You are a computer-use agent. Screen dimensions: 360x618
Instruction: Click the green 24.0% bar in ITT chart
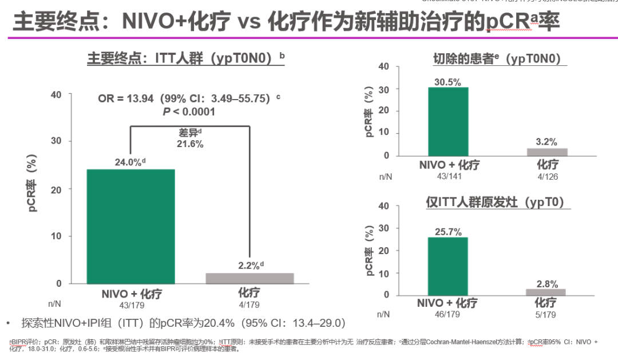(131, 226)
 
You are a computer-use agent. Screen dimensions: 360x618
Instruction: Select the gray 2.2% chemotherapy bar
(249, 278)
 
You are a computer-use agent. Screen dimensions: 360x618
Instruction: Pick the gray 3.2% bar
(546, 152)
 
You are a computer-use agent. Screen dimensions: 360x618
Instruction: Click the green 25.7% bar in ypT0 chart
(448, 266)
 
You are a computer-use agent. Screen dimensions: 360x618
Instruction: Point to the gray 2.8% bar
(546, 292)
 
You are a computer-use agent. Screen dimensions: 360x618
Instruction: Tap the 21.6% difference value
(189, 144)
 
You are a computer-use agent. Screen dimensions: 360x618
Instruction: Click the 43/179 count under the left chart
(131, 305)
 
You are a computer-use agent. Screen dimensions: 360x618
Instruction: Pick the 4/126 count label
(546, 177)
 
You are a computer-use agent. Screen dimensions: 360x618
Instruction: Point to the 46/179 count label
(447, 314)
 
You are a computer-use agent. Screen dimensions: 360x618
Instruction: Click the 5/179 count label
(546, 314)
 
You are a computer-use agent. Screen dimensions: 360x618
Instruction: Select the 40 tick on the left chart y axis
(56, 94)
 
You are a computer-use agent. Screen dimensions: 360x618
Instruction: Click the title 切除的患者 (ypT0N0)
(497, 58)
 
